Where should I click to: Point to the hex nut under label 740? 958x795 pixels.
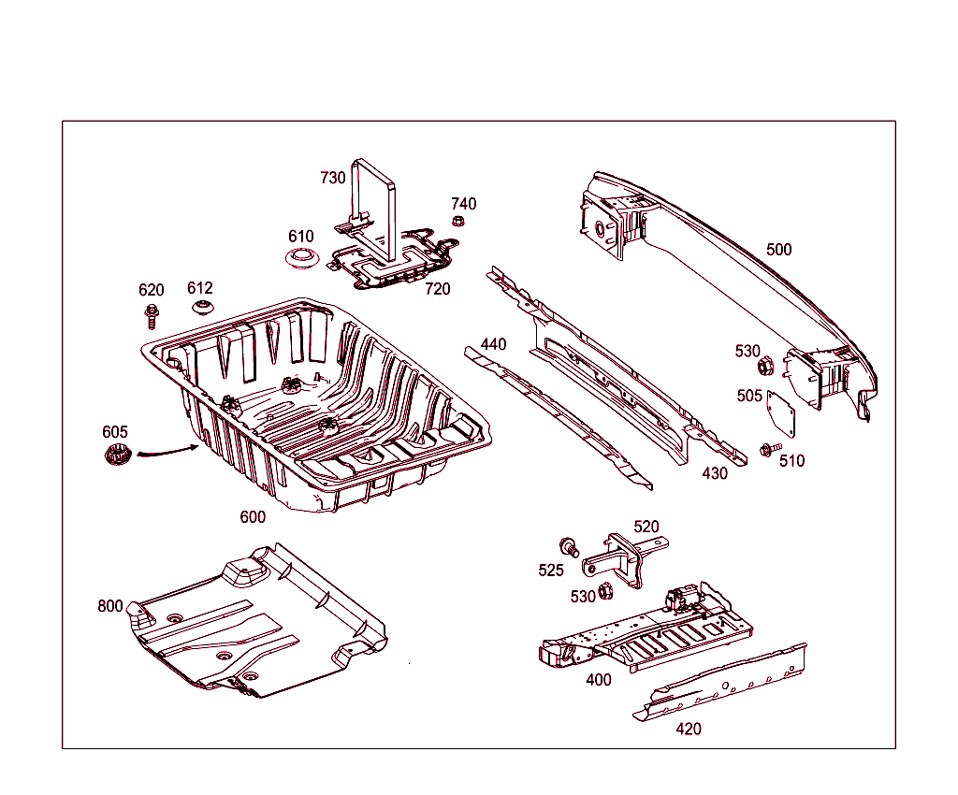click(459, 222)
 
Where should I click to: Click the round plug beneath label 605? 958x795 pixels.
click(115, 456)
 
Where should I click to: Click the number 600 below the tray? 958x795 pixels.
click(253, 517)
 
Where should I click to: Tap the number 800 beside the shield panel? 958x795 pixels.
click(109, 606)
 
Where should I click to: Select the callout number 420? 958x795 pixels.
click(689, 730)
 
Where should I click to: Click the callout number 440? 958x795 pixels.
click(493, 344)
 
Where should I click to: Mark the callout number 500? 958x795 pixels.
click(778, 250)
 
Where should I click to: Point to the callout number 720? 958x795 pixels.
click(437, 289)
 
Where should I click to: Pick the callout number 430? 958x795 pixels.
click(715, 473)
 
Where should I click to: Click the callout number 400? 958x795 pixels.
click(599, 680)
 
